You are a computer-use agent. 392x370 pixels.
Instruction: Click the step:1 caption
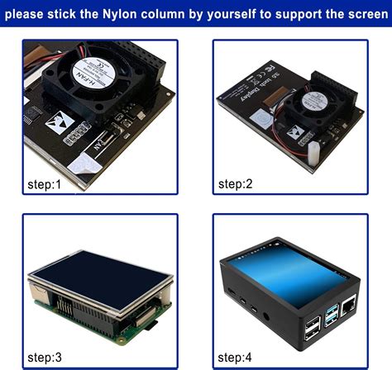(x=45, y=184)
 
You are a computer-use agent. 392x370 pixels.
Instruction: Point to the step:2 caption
(x=236, y=183)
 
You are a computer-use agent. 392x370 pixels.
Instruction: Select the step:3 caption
(x=45, y=358)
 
